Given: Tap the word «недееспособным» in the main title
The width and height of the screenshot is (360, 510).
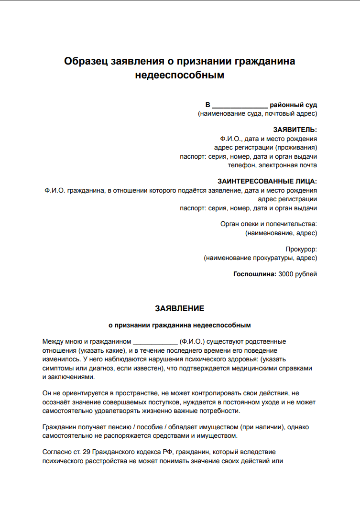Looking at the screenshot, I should coord(180,75).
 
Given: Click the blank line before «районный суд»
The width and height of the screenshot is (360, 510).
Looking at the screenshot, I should coord(240,105).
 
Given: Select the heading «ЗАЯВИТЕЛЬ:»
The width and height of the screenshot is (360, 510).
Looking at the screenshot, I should coord(295,130).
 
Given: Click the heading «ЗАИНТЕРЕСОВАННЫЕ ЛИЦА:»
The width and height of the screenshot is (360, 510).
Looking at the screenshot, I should coord(267,181).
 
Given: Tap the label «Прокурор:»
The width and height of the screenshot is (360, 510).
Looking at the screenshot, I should coord(301,249).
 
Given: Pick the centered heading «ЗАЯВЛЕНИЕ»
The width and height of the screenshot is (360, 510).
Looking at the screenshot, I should coord(180,309).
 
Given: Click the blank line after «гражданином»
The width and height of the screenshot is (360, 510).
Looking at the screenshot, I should coord(155,342).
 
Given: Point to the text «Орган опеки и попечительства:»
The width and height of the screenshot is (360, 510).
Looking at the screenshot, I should coord(269,224).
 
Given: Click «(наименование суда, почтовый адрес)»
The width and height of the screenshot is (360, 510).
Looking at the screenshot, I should coord(257,114).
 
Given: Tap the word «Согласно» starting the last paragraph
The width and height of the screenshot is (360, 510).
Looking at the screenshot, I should coord(55,452).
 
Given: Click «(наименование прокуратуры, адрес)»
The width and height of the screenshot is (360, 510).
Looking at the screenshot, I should coord(260,258).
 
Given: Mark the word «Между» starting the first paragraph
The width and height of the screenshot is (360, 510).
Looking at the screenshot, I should coord(52,342).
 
